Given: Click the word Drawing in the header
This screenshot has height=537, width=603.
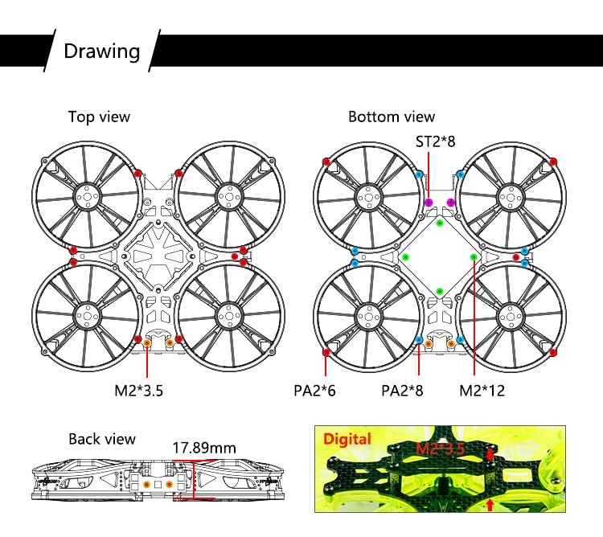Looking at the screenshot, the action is [x=101, y=51].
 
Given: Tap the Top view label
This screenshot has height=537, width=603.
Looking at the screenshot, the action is [x=99, y=117].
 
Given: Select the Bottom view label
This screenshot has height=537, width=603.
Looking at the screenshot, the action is [x=392, y=117].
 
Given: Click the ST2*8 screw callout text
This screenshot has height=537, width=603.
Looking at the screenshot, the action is [x=435, y=141].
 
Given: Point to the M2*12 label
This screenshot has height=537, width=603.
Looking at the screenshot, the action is [x=482, y=391].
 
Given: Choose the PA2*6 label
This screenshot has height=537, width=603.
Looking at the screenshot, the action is [x=314, y=391].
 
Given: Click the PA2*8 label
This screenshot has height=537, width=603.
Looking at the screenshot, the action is [x=402, y=391].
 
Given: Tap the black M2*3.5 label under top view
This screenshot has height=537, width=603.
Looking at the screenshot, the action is [x=139, y=391].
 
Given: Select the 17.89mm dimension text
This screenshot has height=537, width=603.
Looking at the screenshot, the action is [x=204, y=448].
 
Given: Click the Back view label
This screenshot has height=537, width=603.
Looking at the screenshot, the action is [x=102, y=439].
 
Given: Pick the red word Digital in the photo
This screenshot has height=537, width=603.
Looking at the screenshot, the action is [x=347, y=439].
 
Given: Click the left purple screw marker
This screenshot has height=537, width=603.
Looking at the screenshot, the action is [x=429, y=203].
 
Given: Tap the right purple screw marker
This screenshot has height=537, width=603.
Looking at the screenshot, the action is [x=451, y=203].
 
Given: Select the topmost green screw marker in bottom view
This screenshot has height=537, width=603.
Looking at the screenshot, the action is [x=440, y=223].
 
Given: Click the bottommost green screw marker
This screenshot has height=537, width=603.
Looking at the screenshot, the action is [x=440, y=291].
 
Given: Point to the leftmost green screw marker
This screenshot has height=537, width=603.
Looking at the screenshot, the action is [x=405, y=257].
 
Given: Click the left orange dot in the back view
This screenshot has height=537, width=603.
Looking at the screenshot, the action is [x=146, y=484].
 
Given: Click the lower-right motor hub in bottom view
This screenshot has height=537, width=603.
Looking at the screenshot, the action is [x=511, y=317].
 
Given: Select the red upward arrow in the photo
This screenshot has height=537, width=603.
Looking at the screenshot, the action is [x=490, y=505].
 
